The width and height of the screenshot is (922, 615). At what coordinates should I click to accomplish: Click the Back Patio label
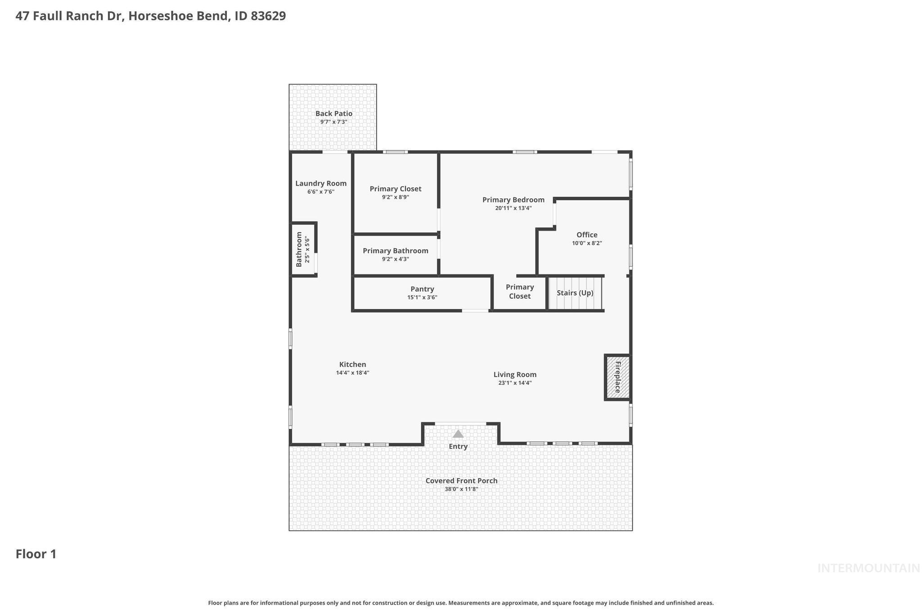click(334, 114)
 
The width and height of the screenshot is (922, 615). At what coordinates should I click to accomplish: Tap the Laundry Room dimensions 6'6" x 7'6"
click(321, 192)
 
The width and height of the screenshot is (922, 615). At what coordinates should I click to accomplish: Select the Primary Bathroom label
click(395, 251)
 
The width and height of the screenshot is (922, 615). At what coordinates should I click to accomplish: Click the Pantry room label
click(422, 289)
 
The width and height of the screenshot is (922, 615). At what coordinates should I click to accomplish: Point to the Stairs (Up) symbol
click(575, 293)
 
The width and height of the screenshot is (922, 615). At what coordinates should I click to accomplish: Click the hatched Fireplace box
click(617, 377)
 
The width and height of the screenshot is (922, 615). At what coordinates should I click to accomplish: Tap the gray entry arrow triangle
click(458, 434)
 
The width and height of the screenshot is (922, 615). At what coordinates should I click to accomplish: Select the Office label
click(587, 235)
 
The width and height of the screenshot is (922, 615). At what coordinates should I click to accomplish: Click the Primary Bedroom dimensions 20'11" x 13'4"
click(513, 208)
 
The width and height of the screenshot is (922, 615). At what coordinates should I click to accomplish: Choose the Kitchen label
click(353, 364)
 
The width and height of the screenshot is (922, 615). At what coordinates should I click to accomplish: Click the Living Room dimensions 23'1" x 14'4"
click(515, 383)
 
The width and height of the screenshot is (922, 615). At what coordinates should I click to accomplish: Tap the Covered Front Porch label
click(461, 481)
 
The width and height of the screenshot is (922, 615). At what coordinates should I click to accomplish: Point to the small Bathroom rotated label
click(299, 249)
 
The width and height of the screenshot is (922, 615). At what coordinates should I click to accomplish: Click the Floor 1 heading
click(36, 554)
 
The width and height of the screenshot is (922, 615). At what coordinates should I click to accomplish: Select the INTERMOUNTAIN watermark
click(868, 568)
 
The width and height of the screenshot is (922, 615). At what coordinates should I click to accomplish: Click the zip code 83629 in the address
click(268, 16)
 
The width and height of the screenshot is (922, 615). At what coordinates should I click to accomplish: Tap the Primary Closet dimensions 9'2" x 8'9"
click(395, 197)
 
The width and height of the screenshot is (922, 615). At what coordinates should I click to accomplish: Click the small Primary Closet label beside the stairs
click(520, 292)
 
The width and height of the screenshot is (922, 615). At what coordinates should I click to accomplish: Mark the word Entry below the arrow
click(458, 446)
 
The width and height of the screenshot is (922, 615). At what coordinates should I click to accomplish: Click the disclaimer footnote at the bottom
click(461, 603)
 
